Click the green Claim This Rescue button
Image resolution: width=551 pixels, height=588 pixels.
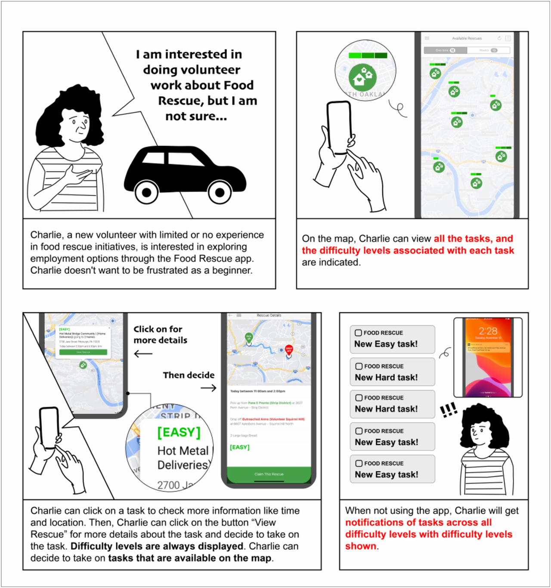tap(269, 474)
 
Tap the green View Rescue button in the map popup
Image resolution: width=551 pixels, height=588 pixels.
tap(83, 352)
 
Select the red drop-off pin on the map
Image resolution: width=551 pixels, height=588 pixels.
tap(289, 350)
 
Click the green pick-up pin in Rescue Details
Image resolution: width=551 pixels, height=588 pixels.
tap(249, 338)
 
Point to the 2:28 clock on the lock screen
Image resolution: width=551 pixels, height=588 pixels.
tap(488, 331)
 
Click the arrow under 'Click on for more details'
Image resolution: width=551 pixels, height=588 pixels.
tap(143, 354)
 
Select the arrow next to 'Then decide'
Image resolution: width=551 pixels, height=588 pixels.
tap(208, 388)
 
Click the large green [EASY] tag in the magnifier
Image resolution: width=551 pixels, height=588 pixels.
tap(179, 432)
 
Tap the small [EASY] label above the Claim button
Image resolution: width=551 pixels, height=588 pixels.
tap(240, 447)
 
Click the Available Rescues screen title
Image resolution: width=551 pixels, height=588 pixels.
tap(467, 38)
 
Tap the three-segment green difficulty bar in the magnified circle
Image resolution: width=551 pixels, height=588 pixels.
tap(368, 55)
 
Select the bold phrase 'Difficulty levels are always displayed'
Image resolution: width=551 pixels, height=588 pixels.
tap(157, 546)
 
